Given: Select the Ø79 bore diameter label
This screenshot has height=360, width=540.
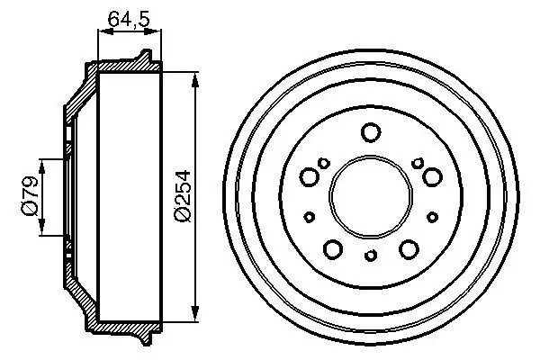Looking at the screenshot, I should pyautogui.click(x=31, y=197).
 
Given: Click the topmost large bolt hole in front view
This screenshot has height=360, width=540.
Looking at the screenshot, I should pyautogui.click(x=370, y=133).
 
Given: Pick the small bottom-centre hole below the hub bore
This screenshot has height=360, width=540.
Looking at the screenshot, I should pyautogui.click(x=370, y=256).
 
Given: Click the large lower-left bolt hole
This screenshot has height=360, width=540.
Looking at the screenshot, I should pyautogui.click(x=332, y=248).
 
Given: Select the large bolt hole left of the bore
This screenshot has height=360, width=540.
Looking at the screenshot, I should pyautogui.click(x=310, y=176).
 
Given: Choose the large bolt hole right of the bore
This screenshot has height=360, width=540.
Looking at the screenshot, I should pyautogui.click(x=431, y=176).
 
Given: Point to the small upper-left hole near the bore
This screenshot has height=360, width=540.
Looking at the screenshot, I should pyautogui.click(x=323, y=163).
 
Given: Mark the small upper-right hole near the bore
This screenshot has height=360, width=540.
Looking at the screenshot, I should pyautogui.click(x=418, y=162).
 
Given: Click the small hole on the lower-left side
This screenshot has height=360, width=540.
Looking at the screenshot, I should pyautogui.click(x=310, y=216).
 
